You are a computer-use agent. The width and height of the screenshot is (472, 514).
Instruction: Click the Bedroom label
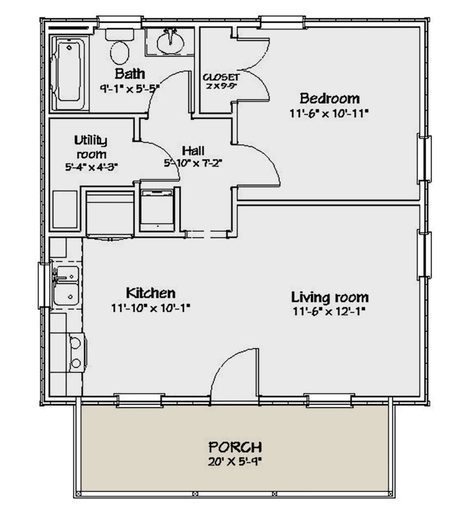coord(329,98)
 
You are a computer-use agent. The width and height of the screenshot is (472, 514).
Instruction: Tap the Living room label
coord(330,297)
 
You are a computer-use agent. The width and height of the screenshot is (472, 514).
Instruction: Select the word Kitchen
coord(150,293)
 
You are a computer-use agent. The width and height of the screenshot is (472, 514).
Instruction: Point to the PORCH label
coord(235,447)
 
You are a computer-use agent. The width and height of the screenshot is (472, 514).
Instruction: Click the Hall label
coord(193,150)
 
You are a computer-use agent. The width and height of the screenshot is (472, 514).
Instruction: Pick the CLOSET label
coord(221,77)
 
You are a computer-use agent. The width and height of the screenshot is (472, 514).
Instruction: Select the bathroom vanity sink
coord(170,40)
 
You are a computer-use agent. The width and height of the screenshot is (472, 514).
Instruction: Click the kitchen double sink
coord(66,285)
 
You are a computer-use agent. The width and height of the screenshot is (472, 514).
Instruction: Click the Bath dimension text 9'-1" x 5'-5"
coord(130,88)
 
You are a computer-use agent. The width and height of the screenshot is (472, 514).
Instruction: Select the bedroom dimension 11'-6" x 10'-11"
coord(329,113)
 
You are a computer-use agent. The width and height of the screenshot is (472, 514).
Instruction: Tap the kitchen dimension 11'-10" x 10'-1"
coord(150,308)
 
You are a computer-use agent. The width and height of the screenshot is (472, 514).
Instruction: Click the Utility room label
coord(91,146)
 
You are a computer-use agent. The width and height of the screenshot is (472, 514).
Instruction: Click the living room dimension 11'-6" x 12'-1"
coord(329,311)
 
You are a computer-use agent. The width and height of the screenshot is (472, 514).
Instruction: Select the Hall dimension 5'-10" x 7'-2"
coord(193,162)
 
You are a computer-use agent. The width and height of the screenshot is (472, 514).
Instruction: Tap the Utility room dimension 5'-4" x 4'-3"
coord(91,166)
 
